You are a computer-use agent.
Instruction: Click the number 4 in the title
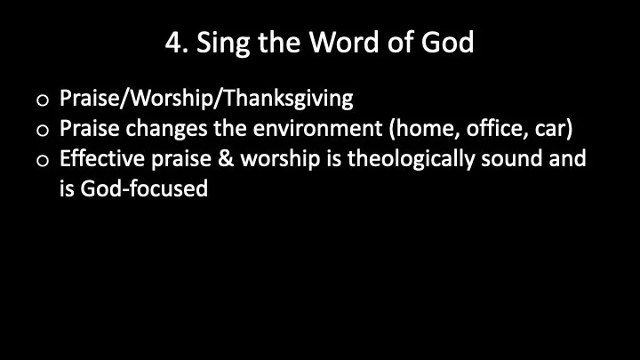pyautogui.click(x=172, y=42)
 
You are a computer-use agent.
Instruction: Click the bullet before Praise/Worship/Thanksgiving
pyautogui.click(x=43, y=99)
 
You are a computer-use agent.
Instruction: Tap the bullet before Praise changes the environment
pyautogui.click(x=43, y=130)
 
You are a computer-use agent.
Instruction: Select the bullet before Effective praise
pyautogui.click(x=43, y=161)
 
